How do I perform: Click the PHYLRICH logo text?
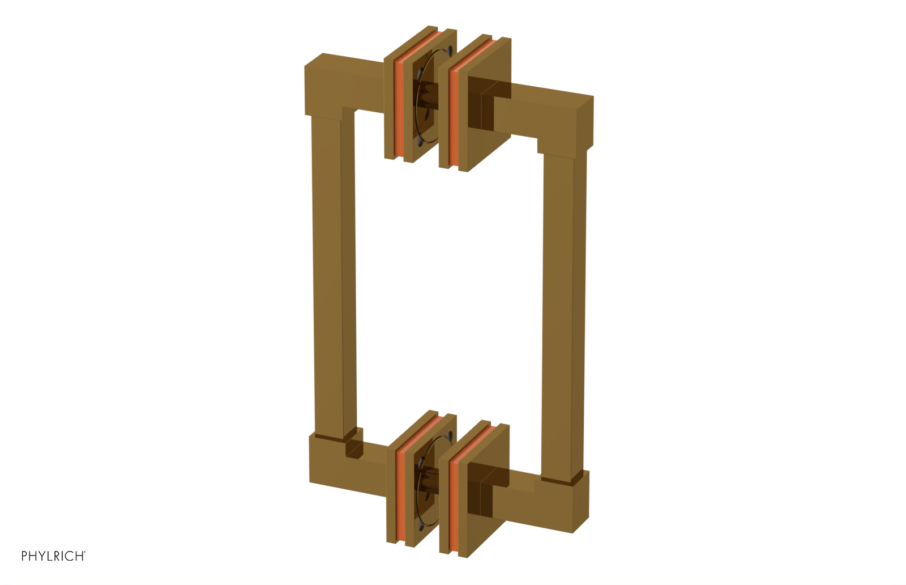coord(53,556)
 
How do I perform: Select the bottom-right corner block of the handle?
coord(572,499)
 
